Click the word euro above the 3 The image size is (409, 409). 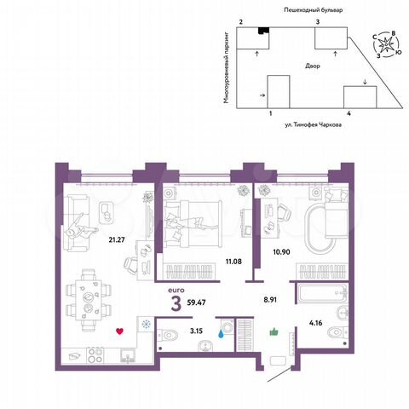point(176,290)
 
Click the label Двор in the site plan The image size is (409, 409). point(314,66)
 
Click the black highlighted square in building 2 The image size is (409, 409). point(262,32)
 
